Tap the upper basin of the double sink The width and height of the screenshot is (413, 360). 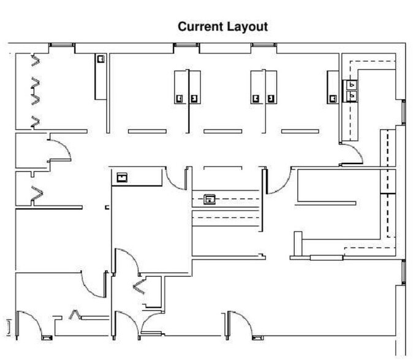point(354,85)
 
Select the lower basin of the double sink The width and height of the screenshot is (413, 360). point(354,96)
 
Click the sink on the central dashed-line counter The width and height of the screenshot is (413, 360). point(210,198)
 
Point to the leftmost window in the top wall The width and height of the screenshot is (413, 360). point(61,45)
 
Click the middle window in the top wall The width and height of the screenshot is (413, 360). point(186,45)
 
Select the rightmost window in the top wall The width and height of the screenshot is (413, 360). point(263,45)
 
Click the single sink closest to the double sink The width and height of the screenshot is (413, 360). point(333,97)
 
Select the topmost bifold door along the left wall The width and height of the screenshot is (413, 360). point(35,61)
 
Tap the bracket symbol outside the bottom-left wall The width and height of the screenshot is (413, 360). point(9,326)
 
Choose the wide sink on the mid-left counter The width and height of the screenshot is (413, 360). point(122,178)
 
